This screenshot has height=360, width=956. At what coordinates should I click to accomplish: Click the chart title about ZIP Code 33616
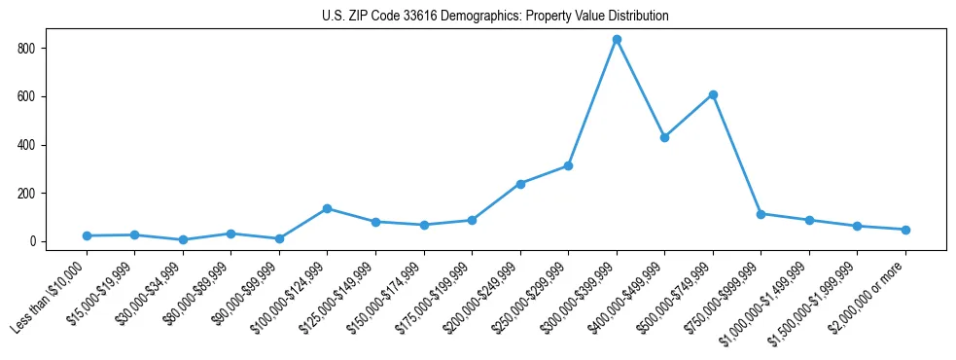[495, 17]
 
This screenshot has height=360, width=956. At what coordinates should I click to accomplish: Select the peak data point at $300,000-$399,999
[617, 40]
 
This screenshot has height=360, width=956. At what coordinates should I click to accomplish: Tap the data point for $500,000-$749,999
[713, 94]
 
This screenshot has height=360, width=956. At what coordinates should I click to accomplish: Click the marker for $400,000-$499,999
[664, 137]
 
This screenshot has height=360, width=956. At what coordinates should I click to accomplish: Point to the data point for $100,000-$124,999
[328, 208]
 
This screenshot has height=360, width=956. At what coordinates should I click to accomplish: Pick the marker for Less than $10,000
[87, 235]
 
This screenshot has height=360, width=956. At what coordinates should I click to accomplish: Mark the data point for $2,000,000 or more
[905, 230]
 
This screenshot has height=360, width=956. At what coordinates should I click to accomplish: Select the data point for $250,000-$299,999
[568, 165]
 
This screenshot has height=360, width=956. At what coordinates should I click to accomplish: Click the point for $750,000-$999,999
[761, 214]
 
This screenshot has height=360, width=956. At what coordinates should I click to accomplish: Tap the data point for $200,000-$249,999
[520, 184]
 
